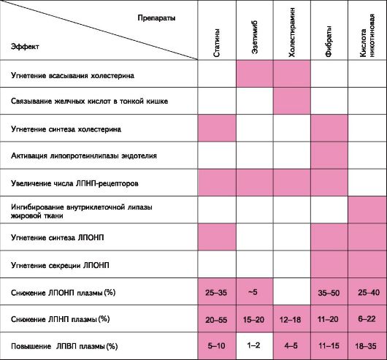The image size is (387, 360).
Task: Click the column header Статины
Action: pos(216,43)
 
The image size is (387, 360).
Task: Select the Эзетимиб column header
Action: pos(255,37)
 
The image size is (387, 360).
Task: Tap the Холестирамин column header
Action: pos(292,32)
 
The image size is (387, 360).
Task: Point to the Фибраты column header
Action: pos(329,41)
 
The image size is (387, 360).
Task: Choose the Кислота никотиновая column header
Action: pos(367,36)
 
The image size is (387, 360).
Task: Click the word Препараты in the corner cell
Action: pos(156,18)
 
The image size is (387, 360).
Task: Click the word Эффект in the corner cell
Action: pos(25,47)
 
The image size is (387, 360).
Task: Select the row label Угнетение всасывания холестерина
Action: pos(72,75)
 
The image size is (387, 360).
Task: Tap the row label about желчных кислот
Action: pos(89,102)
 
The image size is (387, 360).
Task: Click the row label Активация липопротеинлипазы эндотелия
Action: pos(84,156)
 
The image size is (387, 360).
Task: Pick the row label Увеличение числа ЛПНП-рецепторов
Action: pos(74,183)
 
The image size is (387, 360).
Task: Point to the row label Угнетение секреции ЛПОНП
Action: pos(60,265)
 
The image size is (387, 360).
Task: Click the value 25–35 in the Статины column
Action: pos(216,293)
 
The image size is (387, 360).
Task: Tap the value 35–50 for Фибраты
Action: pos(329,293)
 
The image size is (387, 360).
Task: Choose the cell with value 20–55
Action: pos(216,320)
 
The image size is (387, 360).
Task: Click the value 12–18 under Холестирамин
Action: pos(291,320)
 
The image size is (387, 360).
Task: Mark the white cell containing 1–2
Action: pos(255,345)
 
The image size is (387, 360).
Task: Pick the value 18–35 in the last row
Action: pos(366,346)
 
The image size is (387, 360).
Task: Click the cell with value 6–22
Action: pos(367,319)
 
